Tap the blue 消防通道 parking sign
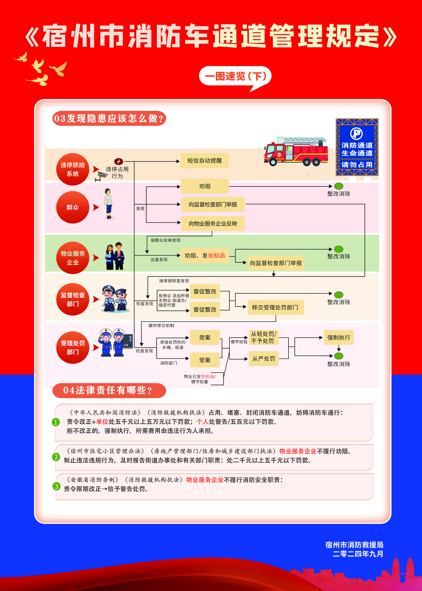click(357, 147)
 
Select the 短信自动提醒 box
click(204, 161)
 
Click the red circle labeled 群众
click(73, 207)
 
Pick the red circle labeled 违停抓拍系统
click(73, 169)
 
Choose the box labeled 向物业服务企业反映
click(213, 224)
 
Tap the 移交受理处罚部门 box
click(275, 307)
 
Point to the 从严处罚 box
click(264, 359)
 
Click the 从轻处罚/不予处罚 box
click(264, 337)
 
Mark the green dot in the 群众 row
click(339, 186)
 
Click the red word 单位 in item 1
click(102, 422)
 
